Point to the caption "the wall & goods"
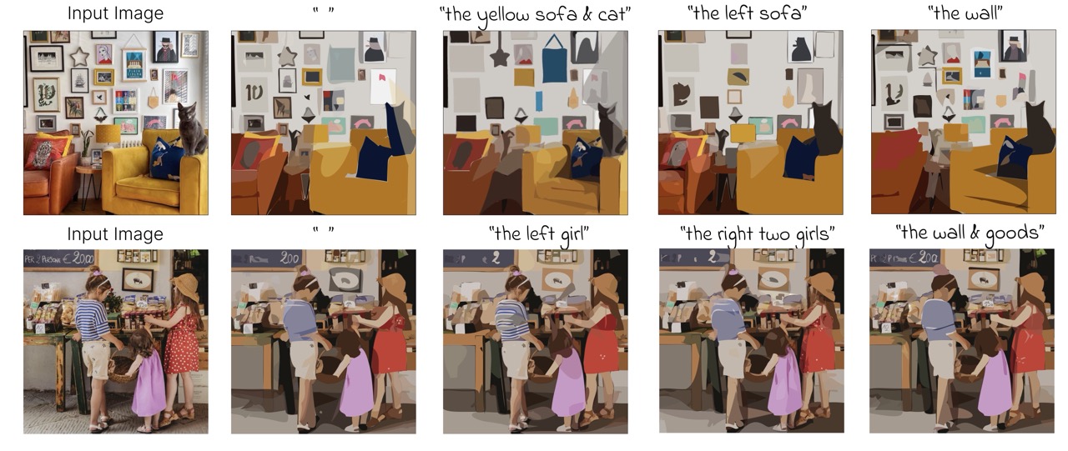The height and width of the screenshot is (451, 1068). (x=969, y=233)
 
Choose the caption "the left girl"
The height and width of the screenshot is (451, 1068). (x=537, y=233)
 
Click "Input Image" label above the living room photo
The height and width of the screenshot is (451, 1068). (x=115, y=14)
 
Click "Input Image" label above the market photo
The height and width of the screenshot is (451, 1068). (x=115, y=233)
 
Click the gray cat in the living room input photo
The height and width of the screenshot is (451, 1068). (x=191, y=129)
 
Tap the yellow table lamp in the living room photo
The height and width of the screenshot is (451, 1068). (x=108, y=133)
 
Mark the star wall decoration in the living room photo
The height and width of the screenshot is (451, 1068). (x=79, y=57)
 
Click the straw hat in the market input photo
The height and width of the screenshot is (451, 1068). (x=186, y=286)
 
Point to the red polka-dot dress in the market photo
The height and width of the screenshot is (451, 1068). (x=182, y=342)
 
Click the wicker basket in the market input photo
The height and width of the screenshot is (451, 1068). (x=123, y=367)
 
